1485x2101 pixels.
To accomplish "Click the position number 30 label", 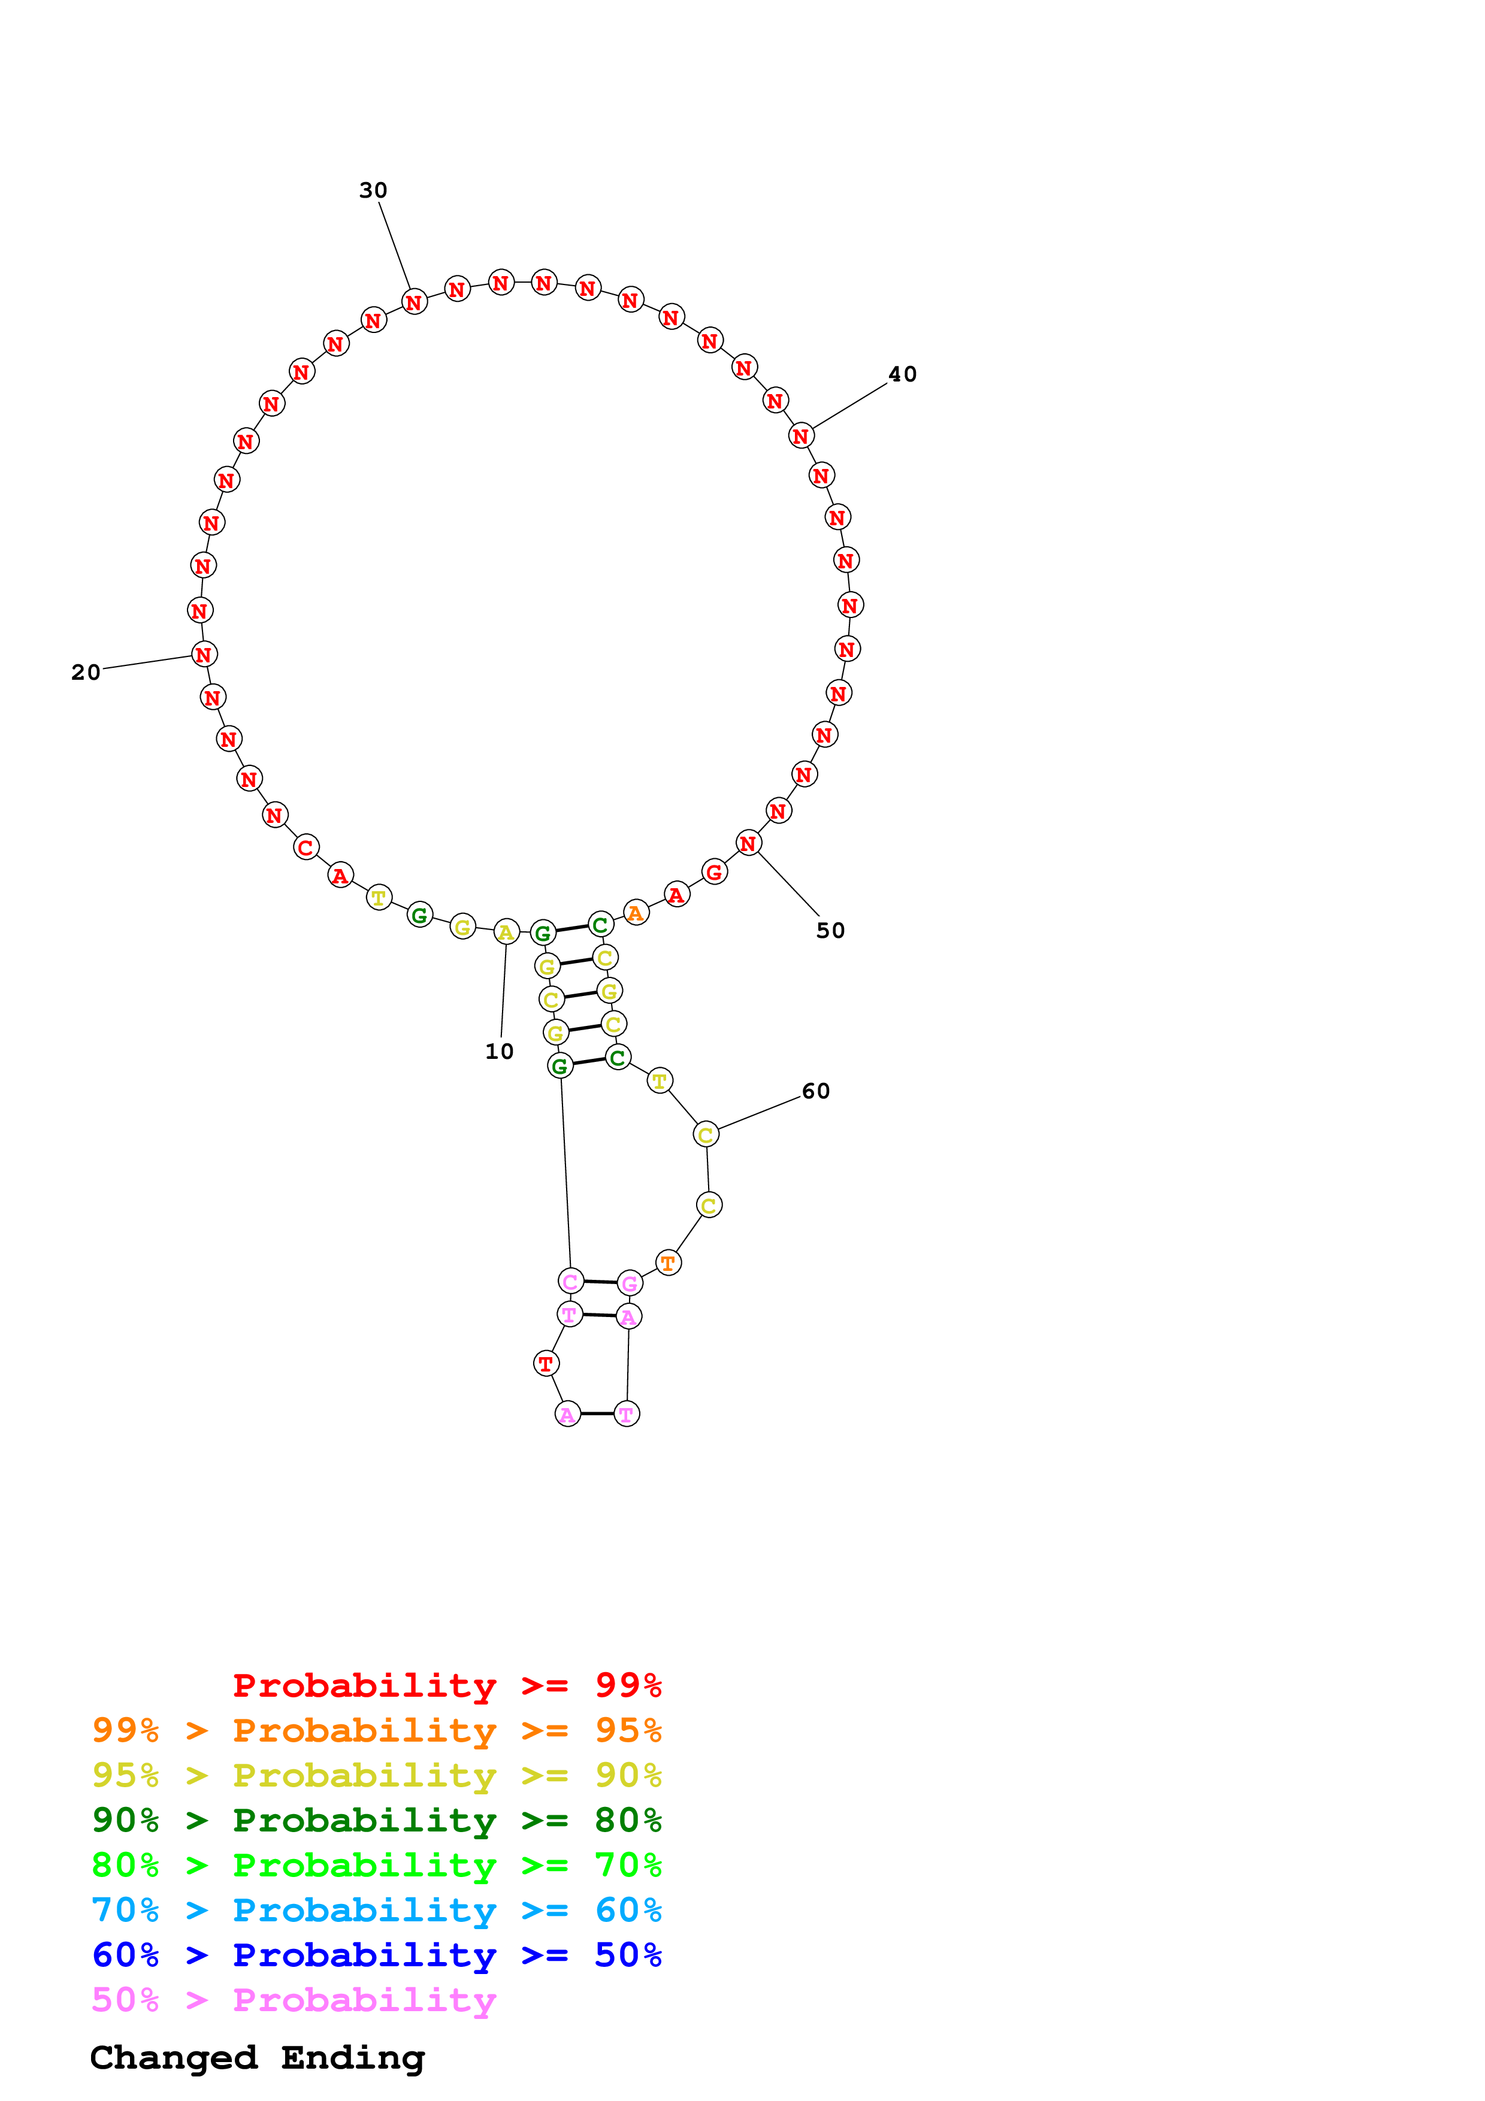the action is pos(373,190).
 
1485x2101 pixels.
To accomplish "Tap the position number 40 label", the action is pos(902,374).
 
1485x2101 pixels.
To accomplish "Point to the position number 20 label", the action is pos(86,673).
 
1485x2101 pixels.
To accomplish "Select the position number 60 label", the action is pos(815,1091).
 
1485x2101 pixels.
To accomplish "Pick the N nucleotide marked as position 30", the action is pos(415,302).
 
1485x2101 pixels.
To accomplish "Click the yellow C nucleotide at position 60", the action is pos(706,1135).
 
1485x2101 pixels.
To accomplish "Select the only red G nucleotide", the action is pos(713,872).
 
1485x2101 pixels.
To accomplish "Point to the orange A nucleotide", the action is pos(635,912).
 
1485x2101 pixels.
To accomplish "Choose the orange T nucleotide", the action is pos(668,1263).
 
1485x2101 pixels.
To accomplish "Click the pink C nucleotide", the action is pos(570,1281).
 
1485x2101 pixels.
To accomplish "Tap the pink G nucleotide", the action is pos(630,1283).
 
